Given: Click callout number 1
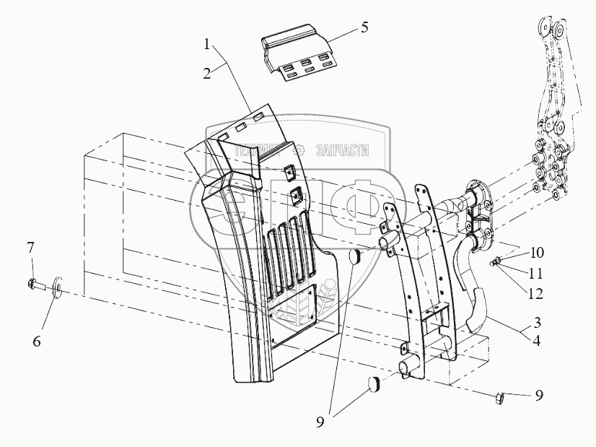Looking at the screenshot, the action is coord(207,45).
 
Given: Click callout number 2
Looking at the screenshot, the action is coord(207,73).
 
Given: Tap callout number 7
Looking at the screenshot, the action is coord(30,249).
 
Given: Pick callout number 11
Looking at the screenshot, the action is coord(535,274).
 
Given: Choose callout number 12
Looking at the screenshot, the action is coord(535,295).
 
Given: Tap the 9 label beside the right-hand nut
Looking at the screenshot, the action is coord(540,396).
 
